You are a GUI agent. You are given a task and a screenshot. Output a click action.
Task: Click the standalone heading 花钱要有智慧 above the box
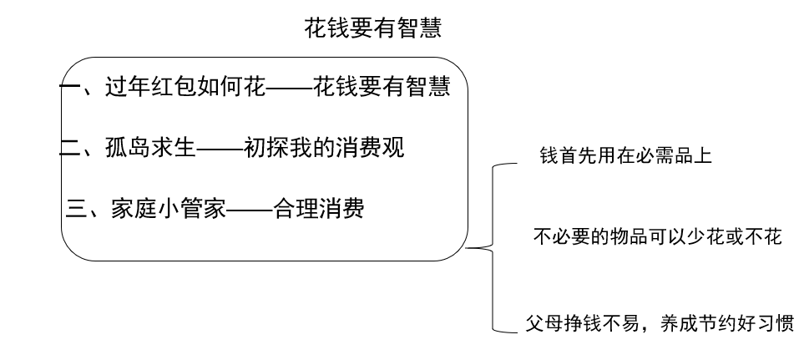pyautogui.click(x=372, y=31)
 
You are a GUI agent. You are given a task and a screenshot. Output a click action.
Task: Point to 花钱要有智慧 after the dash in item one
pyautogui.click(x=382, y=87)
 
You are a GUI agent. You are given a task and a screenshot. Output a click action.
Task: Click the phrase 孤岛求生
pyautogui.click(x=149, y=150)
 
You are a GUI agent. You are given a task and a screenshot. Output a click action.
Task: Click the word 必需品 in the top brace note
pyautogui.click(x=665, y=156)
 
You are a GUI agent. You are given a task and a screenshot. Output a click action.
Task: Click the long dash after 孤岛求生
pyautogui.click(x=220, y=150)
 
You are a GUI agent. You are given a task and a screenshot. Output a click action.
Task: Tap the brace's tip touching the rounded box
pyautogui.click(x=468, y=247)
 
